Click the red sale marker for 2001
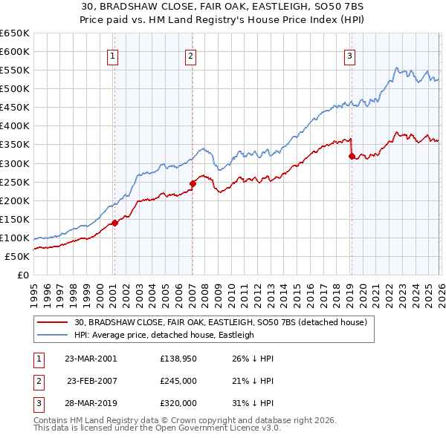coord(114,223)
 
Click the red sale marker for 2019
coord(352,156)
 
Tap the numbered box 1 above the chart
coord(112,55)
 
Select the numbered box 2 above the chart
coord(190,55)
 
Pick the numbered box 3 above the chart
coord(349,55)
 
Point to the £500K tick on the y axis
coord(15,88)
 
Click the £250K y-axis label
coord(15,182)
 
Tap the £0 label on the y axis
coord(22,275)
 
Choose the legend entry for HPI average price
coord(164,335)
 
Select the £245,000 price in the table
coord(178,380)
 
